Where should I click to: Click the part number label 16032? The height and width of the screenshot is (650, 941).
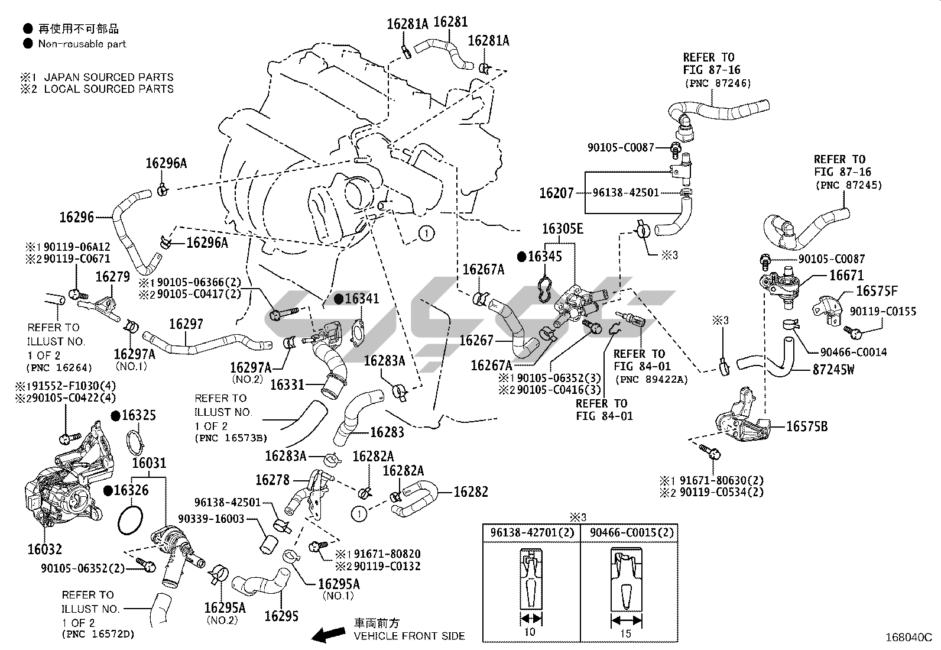click(45, 549)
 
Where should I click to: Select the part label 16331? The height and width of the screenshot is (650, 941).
click(288, 385)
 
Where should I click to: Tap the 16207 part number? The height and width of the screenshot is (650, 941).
click(556, 193)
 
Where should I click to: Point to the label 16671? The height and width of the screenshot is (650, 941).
click(846, 275)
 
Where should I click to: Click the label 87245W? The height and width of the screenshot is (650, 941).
click(833, 370)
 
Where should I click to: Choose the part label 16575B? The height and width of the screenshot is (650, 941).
click(807, 426)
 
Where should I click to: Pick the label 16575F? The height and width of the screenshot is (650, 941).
click(877, 290)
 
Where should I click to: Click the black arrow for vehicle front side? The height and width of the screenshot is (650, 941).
click(329, 635)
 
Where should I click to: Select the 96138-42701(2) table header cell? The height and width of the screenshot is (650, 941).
click(531, 532)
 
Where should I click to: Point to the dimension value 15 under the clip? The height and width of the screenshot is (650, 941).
click(626, 633)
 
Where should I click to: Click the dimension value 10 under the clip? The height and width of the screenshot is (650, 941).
click(530, 632)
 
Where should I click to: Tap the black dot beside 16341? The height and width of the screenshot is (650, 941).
click(339, 299)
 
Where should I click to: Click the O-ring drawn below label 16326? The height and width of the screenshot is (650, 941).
click(131, 519)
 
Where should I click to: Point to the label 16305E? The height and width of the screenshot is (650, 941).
click(562, 229)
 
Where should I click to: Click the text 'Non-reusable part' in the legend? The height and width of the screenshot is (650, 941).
click(82, 44)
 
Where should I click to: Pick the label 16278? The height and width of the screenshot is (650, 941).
click(273, 480)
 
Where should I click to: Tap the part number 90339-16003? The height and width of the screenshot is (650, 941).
click(219, 519)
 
